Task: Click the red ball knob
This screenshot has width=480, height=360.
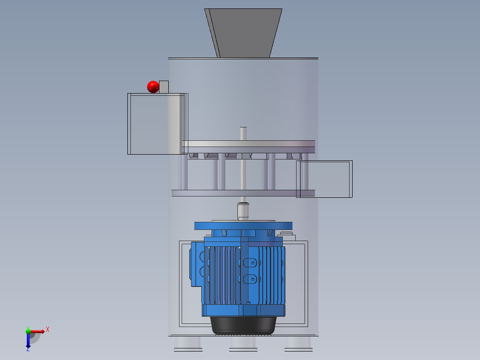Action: coord(153,87)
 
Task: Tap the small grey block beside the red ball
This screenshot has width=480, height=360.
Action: coord(164,87)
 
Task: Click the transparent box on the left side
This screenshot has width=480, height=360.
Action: coord(158,124)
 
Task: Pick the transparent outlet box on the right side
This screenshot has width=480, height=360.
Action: coord(325,179)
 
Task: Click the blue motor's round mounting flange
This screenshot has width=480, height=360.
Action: coord(244,226)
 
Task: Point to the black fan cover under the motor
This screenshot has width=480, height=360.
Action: coord(244,325)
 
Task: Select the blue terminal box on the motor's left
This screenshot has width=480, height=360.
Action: coord(197,264)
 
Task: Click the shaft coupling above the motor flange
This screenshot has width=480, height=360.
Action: coord(243,211)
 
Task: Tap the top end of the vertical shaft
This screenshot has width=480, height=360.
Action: coord(244,128)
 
